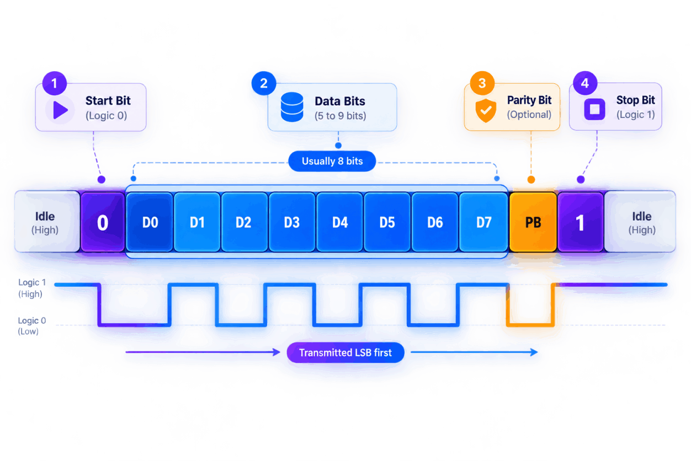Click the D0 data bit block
150,222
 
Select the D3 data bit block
292,222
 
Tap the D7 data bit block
483,222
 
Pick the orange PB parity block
533,222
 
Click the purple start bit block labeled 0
103,222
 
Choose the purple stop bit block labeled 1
581,222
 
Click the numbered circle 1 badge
55,83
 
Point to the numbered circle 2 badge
264,83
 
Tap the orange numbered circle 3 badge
482,83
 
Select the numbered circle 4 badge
585,83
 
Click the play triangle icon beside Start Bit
60,110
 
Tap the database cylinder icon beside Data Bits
292,107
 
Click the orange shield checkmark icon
486,110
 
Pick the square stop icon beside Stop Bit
594,109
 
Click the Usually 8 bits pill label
332,161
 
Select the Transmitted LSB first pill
345,352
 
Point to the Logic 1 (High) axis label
32,288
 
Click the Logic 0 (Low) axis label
32,326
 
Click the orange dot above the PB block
531,180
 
